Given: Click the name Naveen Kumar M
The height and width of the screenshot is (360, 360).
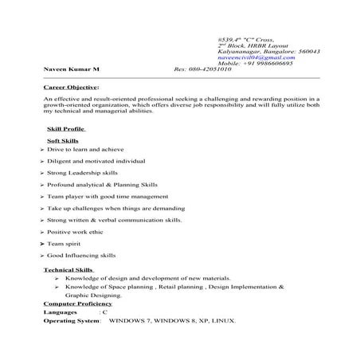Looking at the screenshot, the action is [x=66, y=69].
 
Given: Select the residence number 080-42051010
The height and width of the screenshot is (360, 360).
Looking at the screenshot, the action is [x=211, y=69].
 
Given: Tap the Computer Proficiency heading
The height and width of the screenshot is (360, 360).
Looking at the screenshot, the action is [x=77, y=303].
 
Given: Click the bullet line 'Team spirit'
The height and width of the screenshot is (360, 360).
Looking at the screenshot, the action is [x=65, y=243].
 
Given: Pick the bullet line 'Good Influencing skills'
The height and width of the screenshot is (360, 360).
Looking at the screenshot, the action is [x=81, y=255].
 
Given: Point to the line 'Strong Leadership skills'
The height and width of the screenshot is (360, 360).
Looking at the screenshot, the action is [x=82, y=172].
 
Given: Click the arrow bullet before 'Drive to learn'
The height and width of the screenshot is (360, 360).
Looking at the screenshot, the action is [x=41, y=150].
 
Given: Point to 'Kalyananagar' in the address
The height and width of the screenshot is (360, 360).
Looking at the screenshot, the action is [x=237, y=50].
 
